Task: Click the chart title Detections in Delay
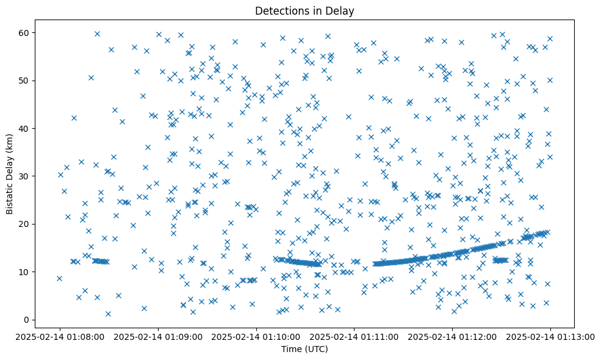[x=304, y=10]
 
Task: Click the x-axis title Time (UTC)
[x=304, y=350]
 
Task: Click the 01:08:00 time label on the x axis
[x=60, y=336]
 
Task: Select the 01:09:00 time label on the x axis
[x=158, y=336]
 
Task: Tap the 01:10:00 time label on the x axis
[x=256, y=336]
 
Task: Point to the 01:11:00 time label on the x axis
[x=354, y=336]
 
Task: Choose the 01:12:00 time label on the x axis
[x=452, y=336]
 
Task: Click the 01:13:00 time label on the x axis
[x=550, y=336]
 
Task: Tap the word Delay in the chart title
[x=342, y=10]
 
